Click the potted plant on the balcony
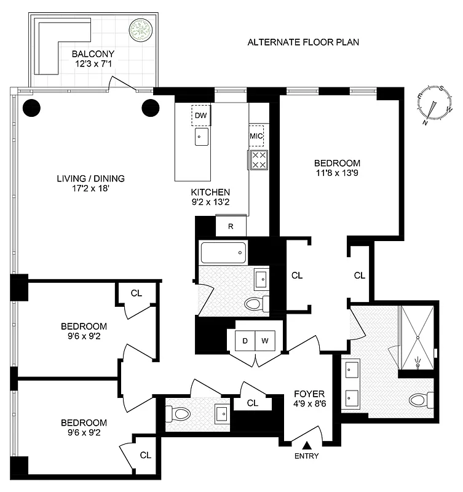140,30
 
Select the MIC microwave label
256,136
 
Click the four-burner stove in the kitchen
259,160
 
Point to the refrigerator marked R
231,226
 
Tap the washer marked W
266,340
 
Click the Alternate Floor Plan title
303,42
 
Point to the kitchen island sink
202,137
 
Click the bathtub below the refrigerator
223,252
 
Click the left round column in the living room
32,108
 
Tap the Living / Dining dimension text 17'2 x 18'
90,189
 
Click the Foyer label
309,394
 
